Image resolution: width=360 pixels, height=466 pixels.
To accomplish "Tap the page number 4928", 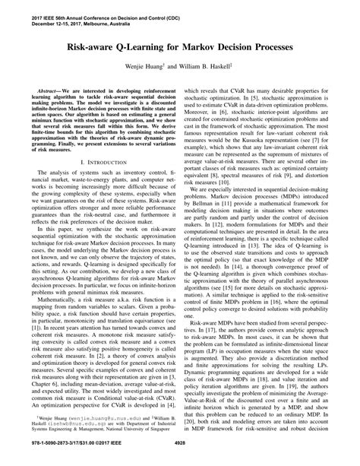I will pos(179,454).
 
